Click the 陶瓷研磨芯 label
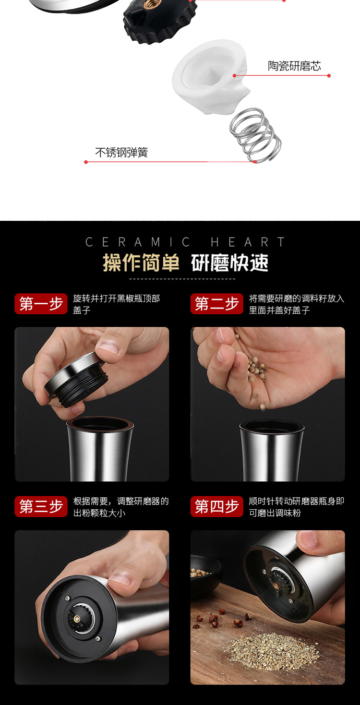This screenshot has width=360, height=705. tap(294, 66)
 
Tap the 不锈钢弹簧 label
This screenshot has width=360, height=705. tap(121, 153)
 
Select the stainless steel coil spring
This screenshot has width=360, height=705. tap(255, 135)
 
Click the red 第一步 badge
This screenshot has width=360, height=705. tap(41, 304)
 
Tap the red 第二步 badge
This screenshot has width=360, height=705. tap(216, 304)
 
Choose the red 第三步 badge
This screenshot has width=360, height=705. tap(41, 506)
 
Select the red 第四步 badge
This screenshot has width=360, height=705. tap(216, 506)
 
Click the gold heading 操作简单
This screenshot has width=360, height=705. tap(141, 263)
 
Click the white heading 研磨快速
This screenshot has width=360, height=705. tap(230, 263)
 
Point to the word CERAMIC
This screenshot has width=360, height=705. tap(137, 242)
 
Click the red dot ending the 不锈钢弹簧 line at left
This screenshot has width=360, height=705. tap(86, 162)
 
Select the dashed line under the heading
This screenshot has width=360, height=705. tap(182, 279)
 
